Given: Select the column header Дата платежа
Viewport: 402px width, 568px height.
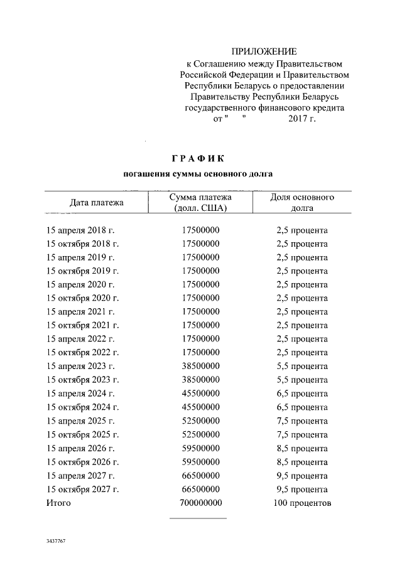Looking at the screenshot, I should tap(96, 202).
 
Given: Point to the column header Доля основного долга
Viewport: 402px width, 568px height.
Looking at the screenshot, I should tap(301, 202).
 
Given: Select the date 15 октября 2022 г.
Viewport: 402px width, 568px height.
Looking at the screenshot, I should tap(83, 352).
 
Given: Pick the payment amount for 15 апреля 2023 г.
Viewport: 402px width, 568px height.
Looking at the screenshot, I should tap(200, 366).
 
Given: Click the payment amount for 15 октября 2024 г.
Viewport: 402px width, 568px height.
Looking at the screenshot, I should tap(200, 407).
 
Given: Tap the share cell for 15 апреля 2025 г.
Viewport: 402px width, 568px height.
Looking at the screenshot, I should tap(301, 421).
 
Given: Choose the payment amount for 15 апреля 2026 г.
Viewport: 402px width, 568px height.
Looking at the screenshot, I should tap(200, 448).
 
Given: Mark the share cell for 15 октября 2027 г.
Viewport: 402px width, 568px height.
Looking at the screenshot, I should tap(301, 489).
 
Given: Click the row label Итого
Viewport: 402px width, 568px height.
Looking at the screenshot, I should tap(59, 503).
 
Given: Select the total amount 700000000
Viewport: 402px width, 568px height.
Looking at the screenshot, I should tap(200, 503).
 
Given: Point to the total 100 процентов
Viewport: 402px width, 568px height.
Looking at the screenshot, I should tap(301, 503).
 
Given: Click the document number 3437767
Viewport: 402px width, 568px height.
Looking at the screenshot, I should tap(56, 540).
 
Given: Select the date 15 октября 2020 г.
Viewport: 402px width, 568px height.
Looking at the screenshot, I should tap(83, 298).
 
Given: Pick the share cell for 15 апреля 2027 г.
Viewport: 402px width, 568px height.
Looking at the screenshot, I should tap(301, 475).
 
